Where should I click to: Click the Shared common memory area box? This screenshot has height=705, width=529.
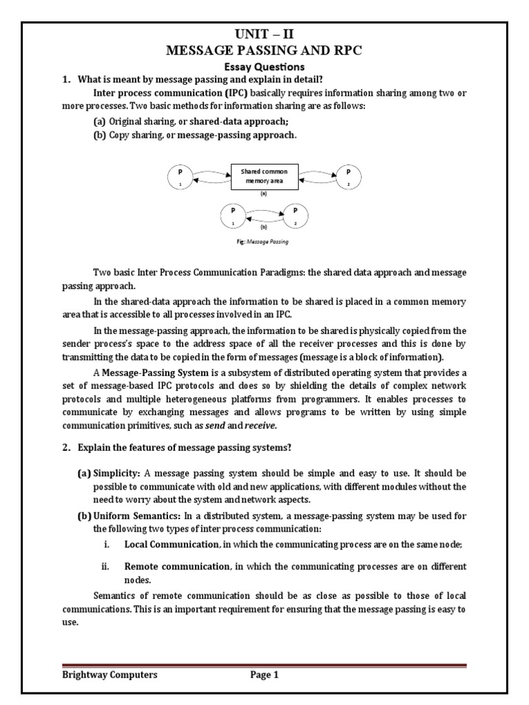click(x=264, y=176)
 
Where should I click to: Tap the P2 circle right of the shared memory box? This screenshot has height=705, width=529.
click(x=348, y=176)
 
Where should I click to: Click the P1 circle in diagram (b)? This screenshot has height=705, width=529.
click(x=233, y=215)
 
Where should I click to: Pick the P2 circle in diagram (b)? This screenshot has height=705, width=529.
click(x=295, y=215)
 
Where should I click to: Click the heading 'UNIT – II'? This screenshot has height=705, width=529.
click(x=264, y=32)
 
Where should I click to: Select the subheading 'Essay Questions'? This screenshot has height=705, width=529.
click(x=264, y=67)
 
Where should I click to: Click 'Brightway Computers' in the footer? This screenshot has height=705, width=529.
click(x=110, y=675)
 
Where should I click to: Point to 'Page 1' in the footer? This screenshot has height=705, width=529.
click(x=264, y=675)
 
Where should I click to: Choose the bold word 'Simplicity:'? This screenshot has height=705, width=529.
click(x=117, y=474)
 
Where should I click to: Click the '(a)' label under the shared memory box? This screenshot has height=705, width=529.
click(x=264, y=194)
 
